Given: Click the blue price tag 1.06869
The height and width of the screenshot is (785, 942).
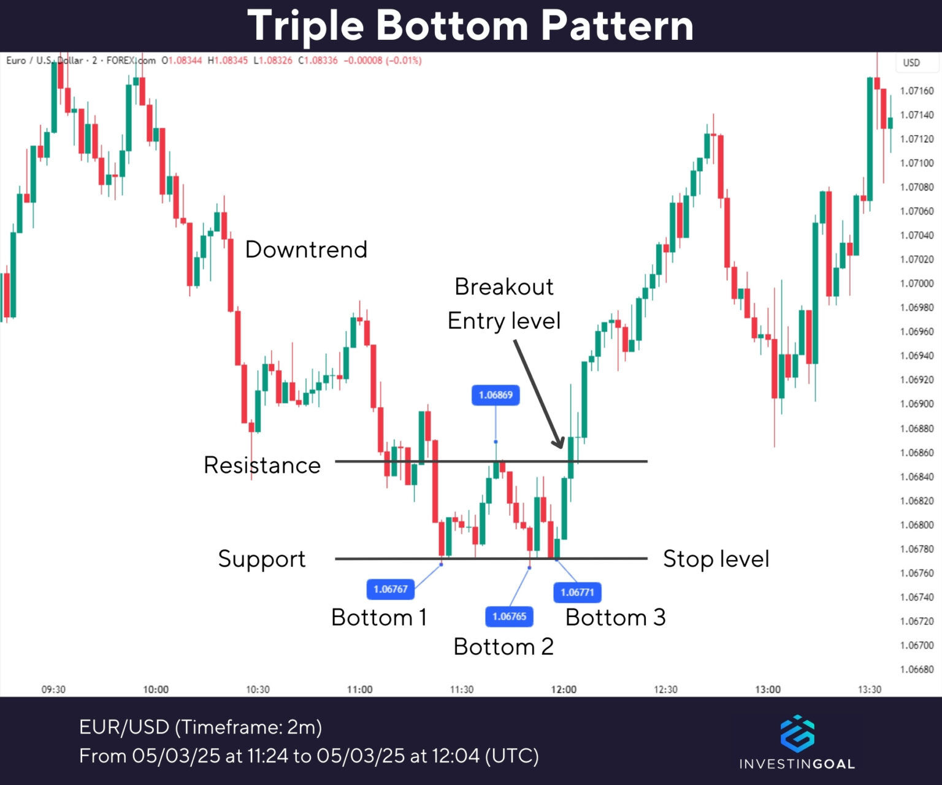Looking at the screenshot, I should (496, 395).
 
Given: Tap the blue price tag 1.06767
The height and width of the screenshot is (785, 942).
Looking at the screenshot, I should (391, 589).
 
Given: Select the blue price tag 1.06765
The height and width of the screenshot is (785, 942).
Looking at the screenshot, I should (509, 616).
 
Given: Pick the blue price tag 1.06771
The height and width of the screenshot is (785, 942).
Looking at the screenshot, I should (577, 592).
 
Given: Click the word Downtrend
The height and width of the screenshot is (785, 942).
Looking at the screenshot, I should (306, 250).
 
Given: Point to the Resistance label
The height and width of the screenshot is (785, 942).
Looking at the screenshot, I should (262, 465).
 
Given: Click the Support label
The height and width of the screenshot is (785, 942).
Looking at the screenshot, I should (262, 559).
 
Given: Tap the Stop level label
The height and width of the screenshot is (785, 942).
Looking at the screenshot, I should (716, 559).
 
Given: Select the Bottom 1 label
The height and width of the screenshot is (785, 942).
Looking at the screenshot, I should (378, 617).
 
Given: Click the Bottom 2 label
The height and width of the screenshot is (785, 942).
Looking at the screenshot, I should (504, 646).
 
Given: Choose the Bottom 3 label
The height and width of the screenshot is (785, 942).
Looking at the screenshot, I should (615, 617).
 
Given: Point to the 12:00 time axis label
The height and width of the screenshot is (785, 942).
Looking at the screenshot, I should (564, 689).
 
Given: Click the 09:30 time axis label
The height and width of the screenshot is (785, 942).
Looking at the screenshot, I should (53, 689).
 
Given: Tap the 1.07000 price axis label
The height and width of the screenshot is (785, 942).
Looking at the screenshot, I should (917, 283).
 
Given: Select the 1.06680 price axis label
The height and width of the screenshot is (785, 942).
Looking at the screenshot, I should (917, 669).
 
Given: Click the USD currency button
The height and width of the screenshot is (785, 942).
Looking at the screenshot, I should (911, 63).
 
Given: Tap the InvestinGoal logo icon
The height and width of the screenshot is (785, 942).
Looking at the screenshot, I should (797, 733).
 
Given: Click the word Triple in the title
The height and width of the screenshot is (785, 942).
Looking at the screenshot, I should (305, 26).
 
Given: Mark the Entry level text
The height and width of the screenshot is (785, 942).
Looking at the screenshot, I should (504, 321).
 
